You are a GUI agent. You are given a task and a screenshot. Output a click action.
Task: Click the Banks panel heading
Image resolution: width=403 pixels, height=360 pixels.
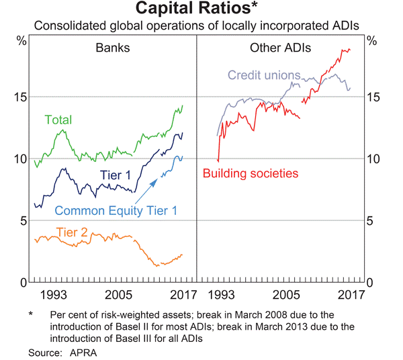[x=113, y=48]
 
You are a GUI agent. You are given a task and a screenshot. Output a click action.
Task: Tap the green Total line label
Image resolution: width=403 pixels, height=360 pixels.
[x=58, y=120]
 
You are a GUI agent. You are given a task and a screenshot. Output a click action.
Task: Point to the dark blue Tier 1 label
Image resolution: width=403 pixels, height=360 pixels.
[x=116, y=176]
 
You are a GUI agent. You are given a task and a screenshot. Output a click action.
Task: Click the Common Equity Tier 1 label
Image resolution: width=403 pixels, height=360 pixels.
[x=116, y=210]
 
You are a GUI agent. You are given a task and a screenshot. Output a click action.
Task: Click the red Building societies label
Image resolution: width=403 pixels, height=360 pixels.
[x=251, y=173]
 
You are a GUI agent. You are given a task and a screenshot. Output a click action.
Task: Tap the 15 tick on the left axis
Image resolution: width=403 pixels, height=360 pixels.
[x=23, y=97]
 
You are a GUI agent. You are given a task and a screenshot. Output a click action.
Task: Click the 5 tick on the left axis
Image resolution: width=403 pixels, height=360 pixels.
[x=26, y=220]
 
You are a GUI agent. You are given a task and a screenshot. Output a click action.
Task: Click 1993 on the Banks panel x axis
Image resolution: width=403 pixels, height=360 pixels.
[x=52, y=295]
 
